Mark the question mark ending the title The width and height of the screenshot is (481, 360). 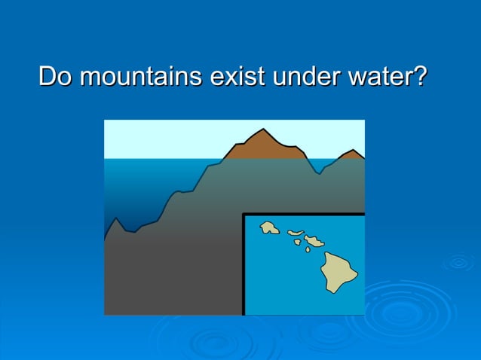pos(421,77)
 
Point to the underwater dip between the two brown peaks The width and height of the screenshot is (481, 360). pos(320,172)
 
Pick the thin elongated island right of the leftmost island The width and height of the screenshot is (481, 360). pos(296,233)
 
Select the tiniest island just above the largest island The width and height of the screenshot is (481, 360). pos(308,249)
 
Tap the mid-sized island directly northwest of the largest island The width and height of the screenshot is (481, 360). pos(314,241)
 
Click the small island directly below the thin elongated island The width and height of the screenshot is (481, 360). pos(296,242)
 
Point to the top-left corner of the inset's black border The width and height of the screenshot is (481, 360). pos(244,215)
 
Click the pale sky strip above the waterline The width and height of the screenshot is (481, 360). pos(166,139)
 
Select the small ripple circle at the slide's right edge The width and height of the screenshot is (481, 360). pos(458,263)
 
